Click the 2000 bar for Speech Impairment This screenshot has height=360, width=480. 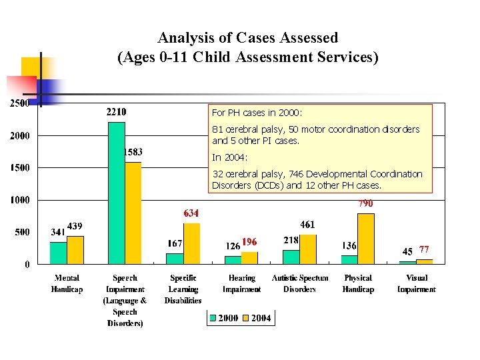[x=117, y=193]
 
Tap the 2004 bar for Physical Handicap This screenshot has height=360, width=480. [x=366, y=239]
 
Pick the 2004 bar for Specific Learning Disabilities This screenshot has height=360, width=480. [x=191, y=243]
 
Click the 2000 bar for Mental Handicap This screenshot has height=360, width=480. [x=59, y=253]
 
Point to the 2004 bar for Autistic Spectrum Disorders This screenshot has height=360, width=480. [x=307, y=249]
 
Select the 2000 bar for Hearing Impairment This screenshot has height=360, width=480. [x=233, y=260]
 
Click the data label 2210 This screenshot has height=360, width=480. [x=117, y=111]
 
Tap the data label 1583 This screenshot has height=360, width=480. [x=133, y=152]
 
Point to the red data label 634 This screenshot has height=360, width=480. [x=191, y=213]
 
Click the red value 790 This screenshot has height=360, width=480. [x=365, y=203]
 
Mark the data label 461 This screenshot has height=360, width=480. [x=307, y=225]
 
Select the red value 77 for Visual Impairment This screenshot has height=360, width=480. [x=424, y=250]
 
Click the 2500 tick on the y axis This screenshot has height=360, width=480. [x=19, y=104]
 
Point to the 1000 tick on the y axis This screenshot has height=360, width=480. [x=19, y=200]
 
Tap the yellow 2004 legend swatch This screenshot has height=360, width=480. [x=246, y=318]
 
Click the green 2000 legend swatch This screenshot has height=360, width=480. [x=213, y=318]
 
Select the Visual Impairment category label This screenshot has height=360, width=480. [x=417, y=283]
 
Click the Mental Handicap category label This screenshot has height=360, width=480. [x=67, y=283]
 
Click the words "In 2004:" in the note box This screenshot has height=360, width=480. [x=230, y=158]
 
